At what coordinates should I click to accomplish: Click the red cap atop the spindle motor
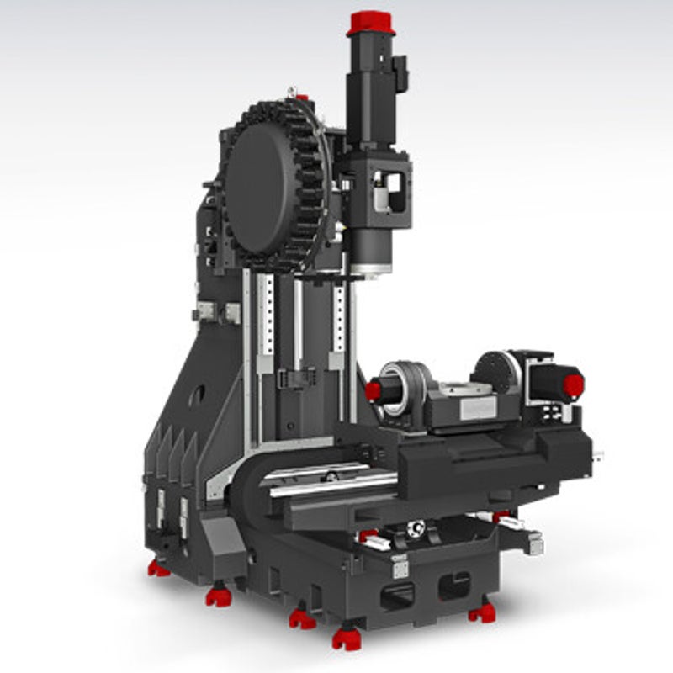[x=371, y=23]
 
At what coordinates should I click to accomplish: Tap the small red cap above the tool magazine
[x=303, y=98]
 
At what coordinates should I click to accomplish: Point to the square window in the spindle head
[x=388, y=191]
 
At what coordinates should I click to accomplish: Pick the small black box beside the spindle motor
[x=400, y=74]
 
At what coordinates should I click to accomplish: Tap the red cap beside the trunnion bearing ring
[x=373, y=390]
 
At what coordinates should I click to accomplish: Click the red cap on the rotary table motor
[x=574, y=385]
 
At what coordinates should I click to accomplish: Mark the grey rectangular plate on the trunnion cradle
[x=478, y=409]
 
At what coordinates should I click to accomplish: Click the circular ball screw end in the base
[x=415, y=528]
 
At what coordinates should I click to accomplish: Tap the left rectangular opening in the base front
[x=397, y=596]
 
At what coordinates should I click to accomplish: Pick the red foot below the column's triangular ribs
[x=158, y=569]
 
